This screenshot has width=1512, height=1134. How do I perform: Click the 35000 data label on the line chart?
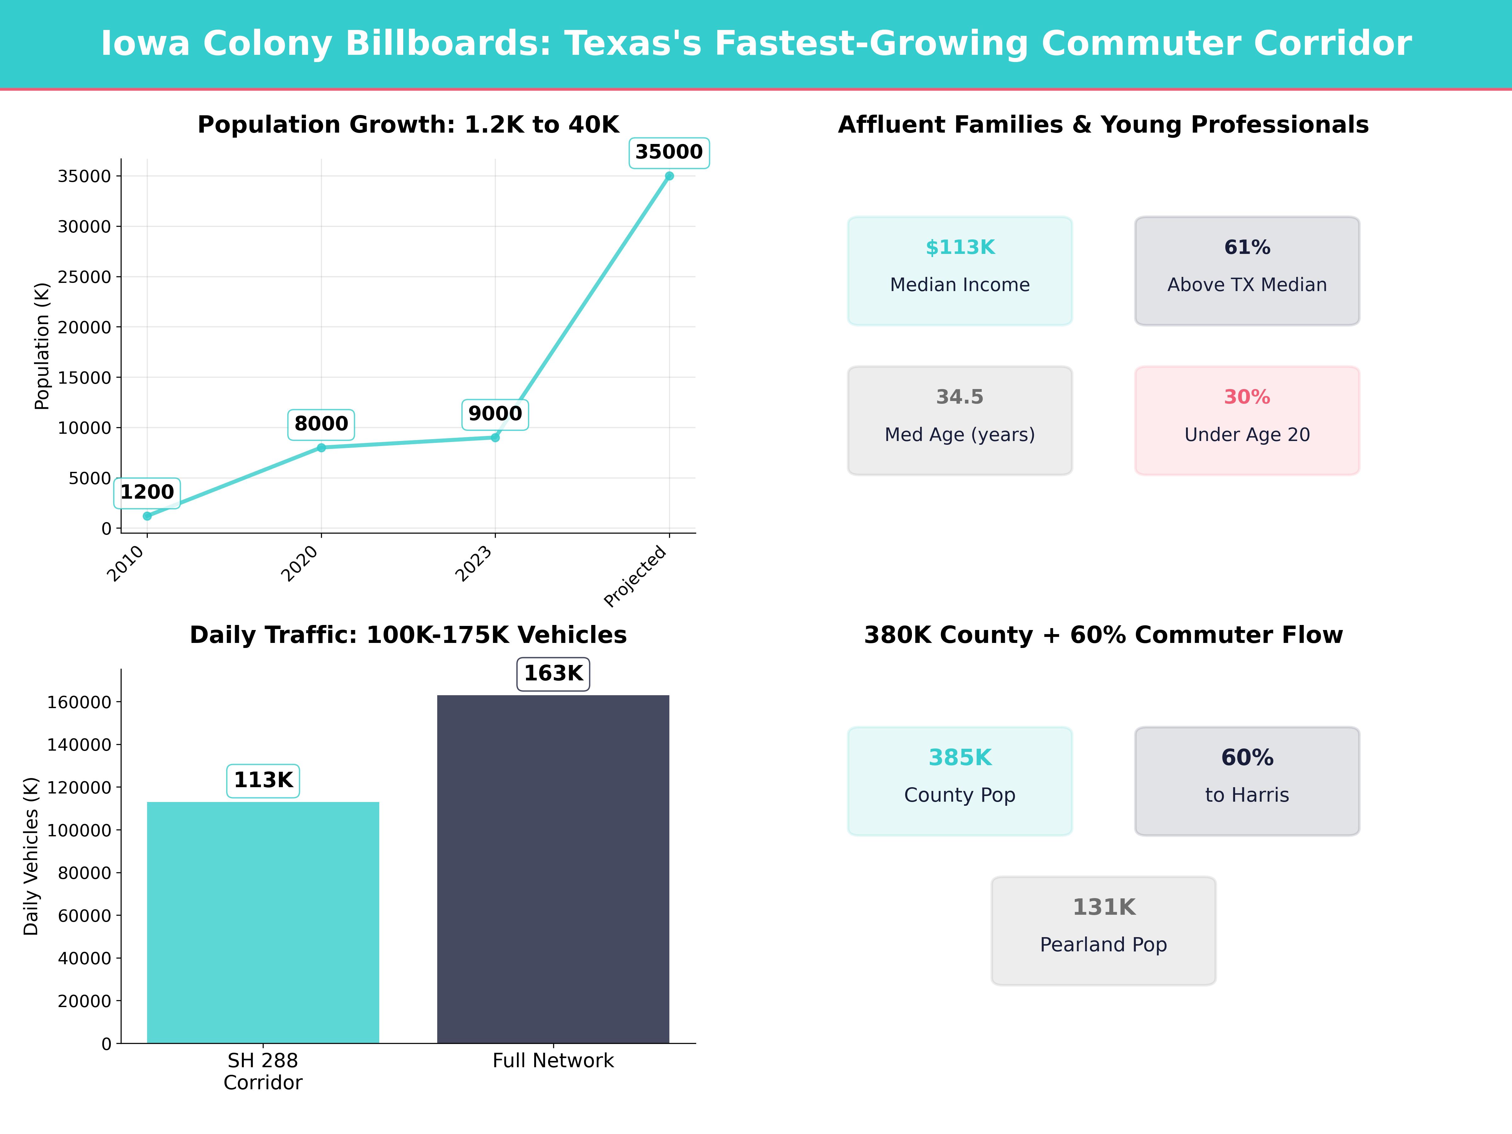668,152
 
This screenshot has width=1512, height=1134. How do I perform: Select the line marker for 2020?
321,448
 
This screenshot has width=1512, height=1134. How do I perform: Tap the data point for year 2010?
147,516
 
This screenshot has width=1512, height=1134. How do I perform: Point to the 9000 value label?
495,414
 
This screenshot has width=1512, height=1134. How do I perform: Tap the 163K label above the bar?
553,673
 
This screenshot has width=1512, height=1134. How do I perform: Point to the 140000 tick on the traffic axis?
79,744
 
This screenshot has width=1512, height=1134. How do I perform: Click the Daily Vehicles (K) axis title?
31,856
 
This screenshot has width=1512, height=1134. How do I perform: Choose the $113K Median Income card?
960,271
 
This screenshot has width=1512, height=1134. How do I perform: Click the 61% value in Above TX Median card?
1247,248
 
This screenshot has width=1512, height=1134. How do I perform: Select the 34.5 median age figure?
960,397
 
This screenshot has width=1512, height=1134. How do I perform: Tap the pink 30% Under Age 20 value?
1247,397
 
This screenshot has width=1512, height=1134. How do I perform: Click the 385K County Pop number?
960,757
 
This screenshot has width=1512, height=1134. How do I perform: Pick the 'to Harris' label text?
1247,795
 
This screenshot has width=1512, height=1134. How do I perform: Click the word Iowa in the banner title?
145,44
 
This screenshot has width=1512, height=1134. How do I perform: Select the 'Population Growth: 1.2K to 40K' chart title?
408,125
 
